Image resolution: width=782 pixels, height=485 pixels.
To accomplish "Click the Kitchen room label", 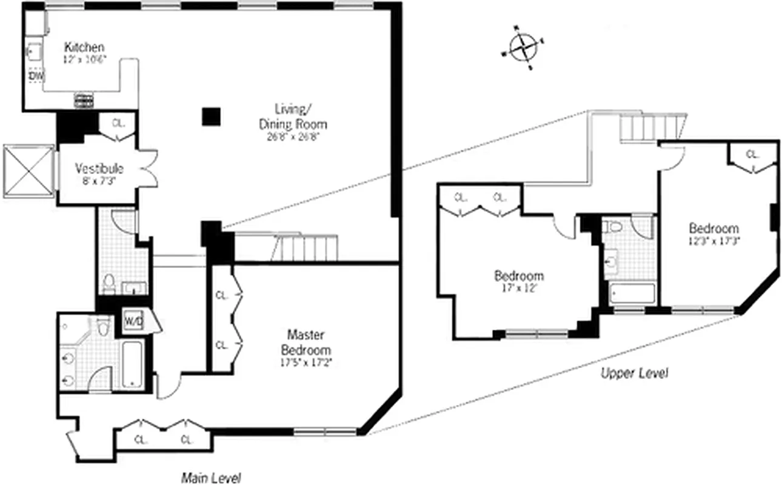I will pos(84,47).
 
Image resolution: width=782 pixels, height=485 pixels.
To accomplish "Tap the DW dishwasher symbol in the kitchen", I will pos(36,76).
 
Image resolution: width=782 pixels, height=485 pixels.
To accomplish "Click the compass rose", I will pos(523,48).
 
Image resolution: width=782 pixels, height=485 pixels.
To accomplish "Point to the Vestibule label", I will pos(99,169).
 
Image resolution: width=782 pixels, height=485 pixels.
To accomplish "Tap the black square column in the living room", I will pos(211,116).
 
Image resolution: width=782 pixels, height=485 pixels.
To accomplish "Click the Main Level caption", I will pos(211,478).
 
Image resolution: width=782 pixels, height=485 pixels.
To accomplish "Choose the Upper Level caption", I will pos(634,373).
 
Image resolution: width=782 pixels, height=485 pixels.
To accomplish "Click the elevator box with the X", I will pos(28,171).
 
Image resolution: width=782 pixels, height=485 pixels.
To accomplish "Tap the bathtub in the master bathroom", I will pos(132,364).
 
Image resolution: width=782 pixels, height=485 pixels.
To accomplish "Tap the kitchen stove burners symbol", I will pos(84,100).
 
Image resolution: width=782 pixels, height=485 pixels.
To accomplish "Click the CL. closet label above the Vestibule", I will pos(118,123).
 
